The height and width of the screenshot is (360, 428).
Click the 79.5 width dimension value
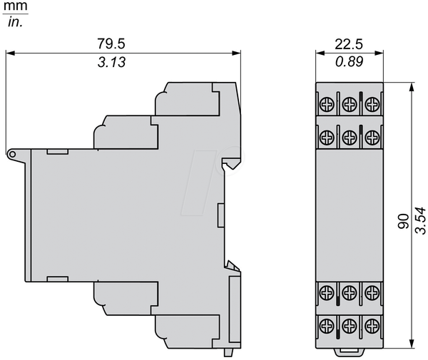click(111, 43)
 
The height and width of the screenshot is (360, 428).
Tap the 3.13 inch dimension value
click(112, 62)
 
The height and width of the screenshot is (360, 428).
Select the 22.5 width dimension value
click(349, 44)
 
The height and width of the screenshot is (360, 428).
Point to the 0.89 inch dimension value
click(350, 61)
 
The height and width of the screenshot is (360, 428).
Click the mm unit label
click(15, 6)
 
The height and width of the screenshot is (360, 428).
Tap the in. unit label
click(15, 22)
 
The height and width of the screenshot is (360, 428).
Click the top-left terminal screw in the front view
click(327, 104)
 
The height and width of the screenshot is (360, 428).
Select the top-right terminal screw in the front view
click(372, 104)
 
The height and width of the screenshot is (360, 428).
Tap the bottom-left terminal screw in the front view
click(327, 325)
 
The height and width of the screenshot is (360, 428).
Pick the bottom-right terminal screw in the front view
click(372, 325)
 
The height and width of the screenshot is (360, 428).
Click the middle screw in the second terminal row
click(350, 138)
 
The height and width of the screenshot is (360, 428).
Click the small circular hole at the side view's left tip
click(12, 155)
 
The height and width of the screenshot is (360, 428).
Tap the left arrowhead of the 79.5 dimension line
click(10, 53)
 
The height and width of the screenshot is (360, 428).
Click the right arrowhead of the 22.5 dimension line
click(379, 53)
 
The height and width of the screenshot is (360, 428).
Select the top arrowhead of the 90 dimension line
click(412, 87)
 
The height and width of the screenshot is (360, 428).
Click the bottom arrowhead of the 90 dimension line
click(412, 344)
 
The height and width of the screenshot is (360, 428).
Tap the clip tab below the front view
click(350, 352)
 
